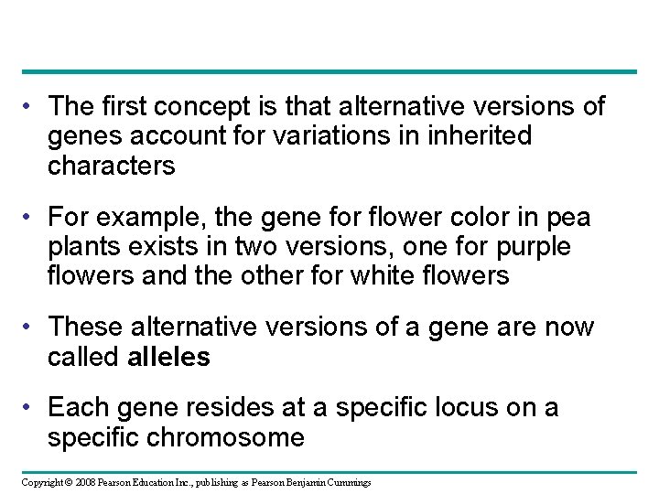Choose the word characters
coord(112,166)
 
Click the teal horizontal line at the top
coord(329,71)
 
